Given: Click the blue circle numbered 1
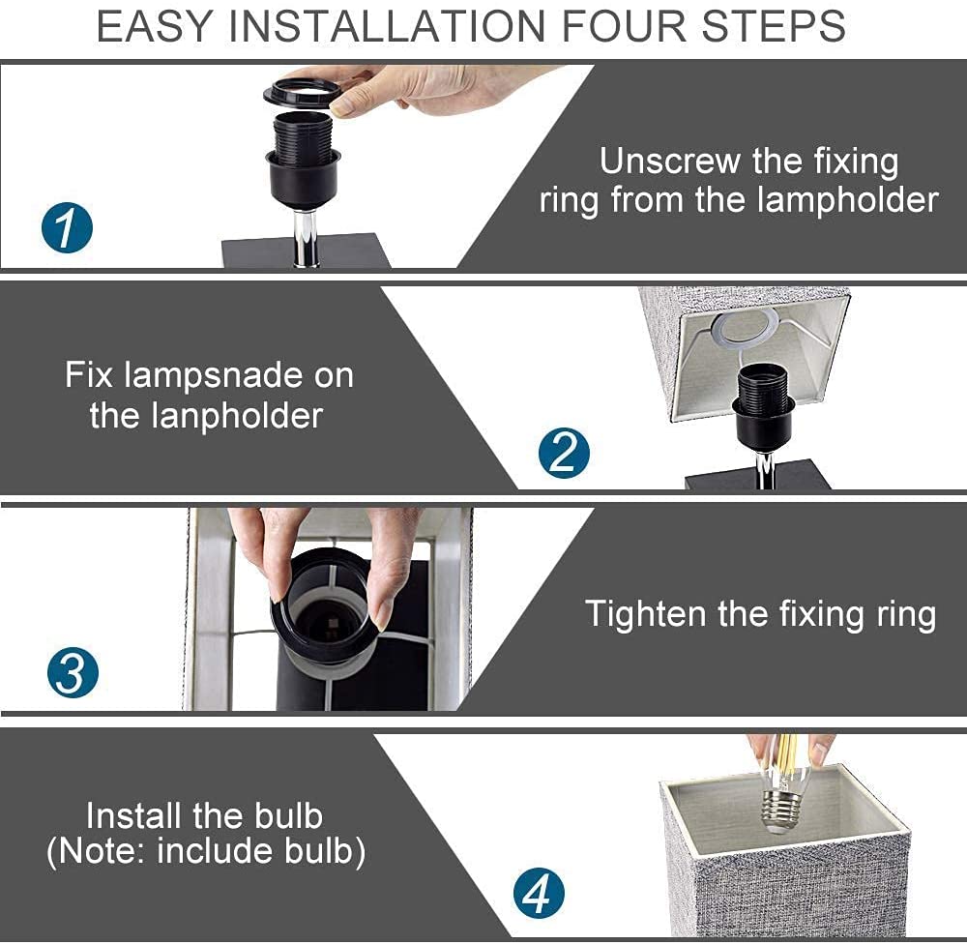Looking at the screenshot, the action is [x=68, y=228].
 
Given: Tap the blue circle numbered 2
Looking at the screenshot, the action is [x=564, y=453].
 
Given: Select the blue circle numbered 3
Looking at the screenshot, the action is [x=73, y=672].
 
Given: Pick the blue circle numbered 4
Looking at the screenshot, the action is [x=539, y=894].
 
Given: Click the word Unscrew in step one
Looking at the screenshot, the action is [x=670, y=161].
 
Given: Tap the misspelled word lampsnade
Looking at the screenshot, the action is [x=214, y=375].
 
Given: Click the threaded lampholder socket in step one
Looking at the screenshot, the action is [x=302, y=159].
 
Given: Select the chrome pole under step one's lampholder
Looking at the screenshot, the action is [x=305, y=240].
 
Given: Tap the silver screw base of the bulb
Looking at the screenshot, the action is [x=783, y=811].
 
